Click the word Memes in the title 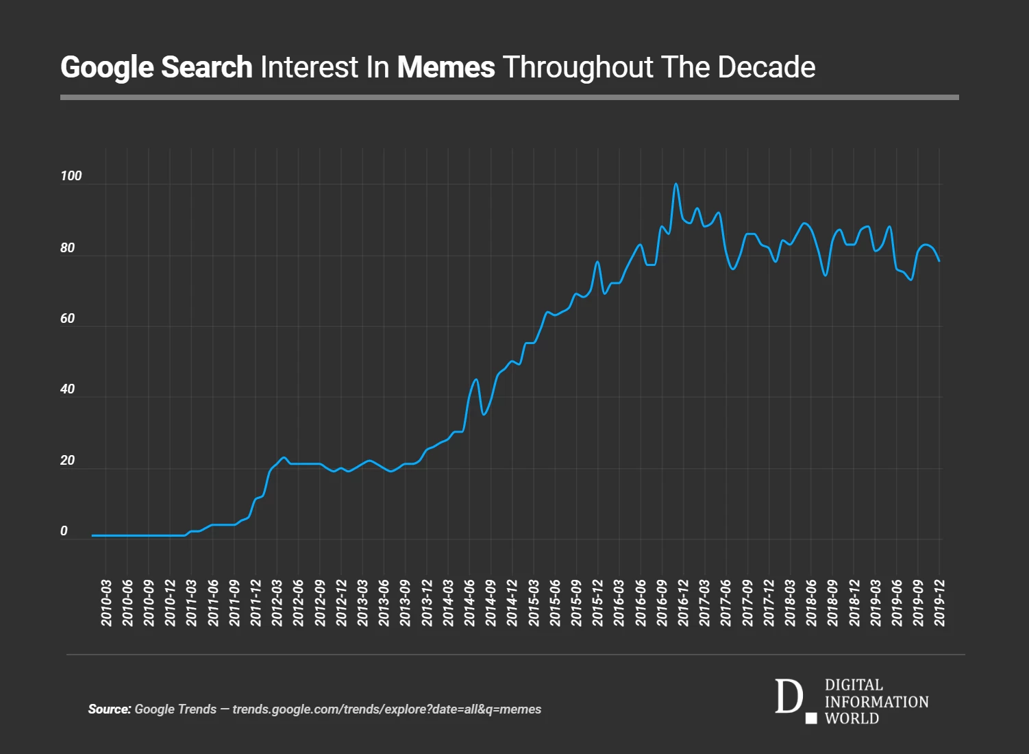point(446,67)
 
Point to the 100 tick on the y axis point(71,176)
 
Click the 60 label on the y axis point(67,319)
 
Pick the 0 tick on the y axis point(64,531)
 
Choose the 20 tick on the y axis point(67,461)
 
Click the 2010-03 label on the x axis point(107,603)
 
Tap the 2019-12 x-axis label point(940,603)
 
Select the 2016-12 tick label point(684,603)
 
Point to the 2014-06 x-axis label point(470,603)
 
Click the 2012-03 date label point(277,603)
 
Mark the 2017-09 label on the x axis point(748,603)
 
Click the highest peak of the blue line point(675,184)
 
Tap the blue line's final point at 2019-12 point(939,261)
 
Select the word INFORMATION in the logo point(876,702)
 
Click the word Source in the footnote point(109,709)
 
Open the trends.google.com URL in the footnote point(386,709)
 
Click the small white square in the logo point(811,718)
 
